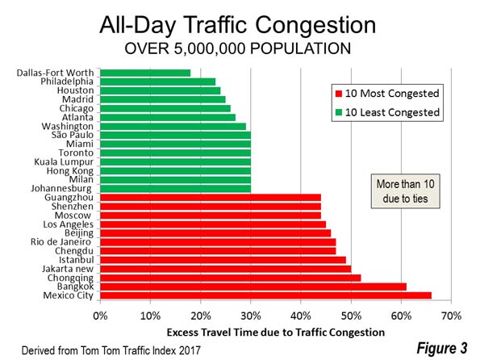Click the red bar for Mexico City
coord(265,295)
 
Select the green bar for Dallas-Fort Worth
coord(145,73)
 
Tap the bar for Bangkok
coord(253,287)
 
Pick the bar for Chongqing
coord(231,278)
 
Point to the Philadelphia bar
coord(158,82)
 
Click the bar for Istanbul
coord(223,260)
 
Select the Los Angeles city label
coord(68,224)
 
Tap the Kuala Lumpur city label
coord(64,161)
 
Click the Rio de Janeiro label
coord(61,242)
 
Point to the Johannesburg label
coord(61,188)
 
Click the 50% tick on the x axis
coord(351,316)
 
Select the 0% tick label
coord(100,316)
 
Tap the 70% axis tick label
coord(452,316)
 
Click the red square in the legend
coord(339,94)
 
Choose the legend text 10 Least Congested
coord(392,112)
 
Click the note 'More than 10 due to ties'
coord(405,191)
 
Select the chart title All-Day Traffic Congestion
coord(237,25)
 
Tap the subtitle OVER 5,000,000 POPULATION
coord(237,48)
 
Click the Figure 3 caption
coord(442,348)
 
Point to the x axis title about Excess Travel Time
coord(276,333)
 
